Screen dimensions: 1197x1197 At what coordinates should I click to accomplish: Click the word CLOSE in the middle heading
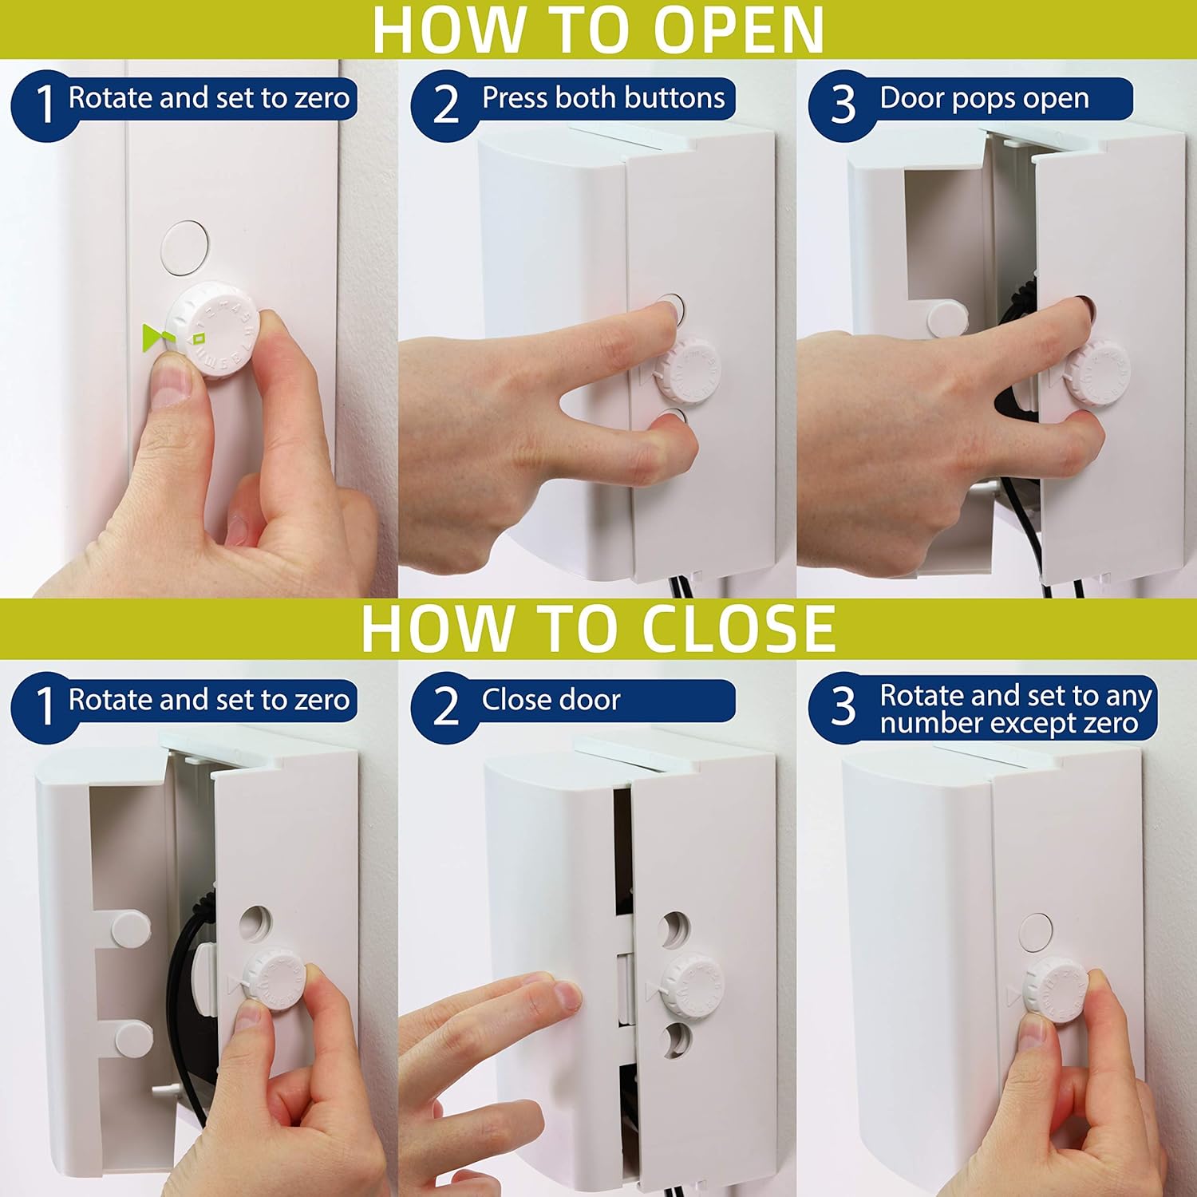738,629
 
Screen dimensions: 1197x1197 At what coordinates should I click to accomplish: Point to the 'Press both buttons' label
602,98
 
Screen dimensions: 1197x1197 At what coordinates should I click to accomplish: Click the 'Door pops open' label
984,98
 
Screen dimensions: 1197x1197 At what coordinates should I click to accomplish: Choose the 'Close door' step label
551,700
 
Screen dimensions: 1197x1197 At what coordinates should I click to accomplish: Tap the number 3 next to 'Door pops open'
843,105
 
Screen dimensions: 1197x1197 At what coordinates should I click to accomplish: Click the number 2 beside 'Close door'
445,706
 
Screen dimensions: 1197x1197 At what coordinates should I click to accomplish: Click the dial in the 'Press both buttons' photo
688,371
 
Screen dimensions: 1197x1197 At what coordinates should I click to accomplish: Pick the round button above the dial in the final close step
1036,932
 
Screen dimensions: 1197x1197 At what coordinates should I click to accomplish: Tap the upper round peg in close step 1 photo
129,928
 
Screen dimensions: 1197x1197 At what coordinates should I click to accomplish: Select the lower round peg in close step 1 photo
132,1038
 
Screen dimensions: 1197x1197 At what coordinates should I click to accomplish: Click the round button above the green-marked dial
185,247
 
